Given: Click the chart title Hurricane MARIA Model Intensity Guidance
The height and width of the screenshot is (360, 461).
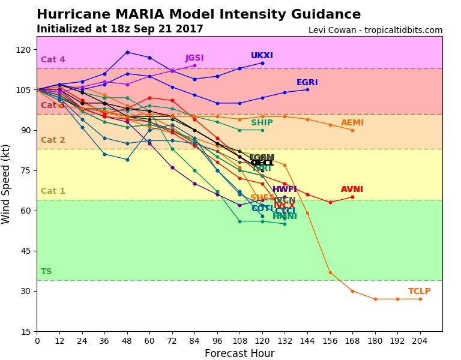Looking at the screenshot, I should [199, 15].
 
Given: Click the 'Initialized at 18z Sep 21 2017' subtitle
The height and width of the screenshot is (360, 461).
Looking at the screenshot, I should [119, 29].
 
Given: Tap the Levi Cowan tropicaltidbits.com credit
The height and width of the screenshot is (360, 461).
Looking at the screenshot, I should [375, 30].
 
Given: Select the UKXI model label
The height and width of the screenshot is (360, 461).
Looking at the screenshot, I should [262, 56].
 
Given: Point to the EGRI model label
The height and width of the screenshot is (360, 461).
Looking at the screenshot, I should [307, 83].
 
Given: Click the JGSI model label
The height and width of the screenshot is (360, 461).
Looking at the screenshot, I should [194, 58].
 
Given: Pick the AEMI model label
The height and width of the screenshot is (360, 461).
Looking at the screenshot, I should [352, 123].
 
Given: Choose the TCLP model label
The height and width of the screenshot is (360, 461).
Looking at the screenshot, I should [420, 292].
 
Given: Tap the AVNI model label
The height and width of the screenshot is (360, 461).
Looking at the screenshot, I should [352, 190].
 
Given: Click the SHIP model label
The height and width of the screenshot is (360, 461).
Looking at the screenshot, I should [262, 123].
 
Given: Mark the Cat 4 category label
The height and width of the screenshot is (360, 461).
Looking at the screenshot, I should [53, 60].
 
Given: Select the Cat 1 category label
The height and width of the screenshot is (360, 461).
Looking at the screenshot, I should [53, 191].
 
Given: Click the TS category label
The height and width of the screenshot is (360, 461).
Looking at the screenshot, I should [46, 272].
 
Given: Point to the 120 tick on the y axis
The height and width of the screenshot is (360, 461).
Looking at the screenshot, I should [24, 50].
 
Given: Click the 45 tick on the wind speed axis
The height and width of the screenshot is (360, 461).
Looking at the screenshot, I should [26, 251].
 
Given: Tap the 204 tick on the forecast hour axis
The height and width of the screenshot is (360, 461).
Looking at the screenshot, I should [420, 340].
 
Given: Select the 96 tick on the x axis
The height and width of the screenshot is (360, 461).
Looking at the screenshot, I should [217, 340].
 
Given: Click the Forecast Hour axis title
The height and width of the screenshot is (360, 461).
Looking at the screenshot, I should [240, 353].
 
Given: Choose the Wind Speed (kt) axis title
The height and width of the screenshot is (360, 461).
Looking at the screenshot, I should [7, 184].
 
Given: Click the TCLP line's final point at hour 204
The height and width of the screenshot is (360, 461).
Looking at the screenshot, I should [420, 299].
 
